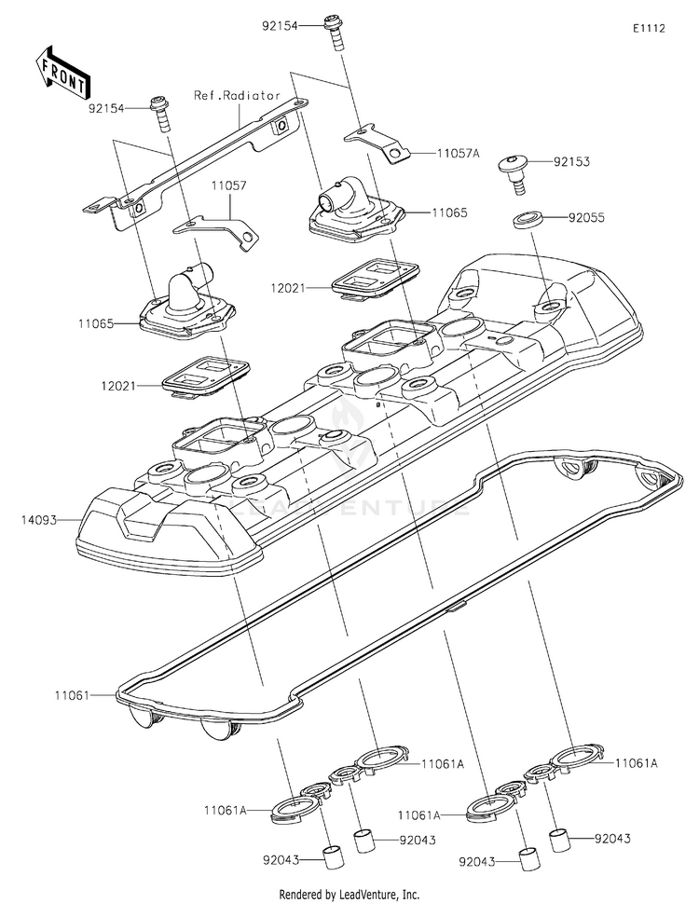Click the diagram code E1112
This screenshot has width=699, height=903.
coord(649,28)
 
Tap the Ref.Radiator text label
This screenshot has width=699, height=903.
coord(237,96)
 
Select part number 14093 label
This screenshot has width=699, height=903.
coord(39,520)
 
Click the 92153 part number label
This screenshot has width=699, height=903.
coord(571,162)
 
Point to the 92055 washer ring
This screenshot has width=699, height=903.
coord(527,221)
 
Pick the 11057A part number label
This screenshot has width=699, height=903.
coord(459,153)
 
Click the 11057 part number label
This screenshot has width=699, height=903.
coord(228,186)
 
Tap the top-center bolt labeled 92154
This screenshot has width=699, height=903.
coord(336,33)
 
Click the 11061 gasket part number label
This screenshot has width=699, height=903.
coord(72,696)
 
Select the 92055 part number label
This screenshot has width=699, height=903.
coord(586,218)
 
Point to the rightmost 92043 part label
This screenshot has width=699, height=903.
coord(612,839)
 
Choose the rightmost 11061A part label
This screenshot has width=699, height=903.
coord(637,763)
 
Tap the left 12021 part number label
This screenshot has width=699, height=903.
coord(118,386)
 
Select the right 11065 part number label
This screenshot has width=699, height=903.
coord(449,213)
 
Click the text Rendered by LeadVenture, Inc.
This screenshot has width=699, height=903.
coord(349,895)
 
